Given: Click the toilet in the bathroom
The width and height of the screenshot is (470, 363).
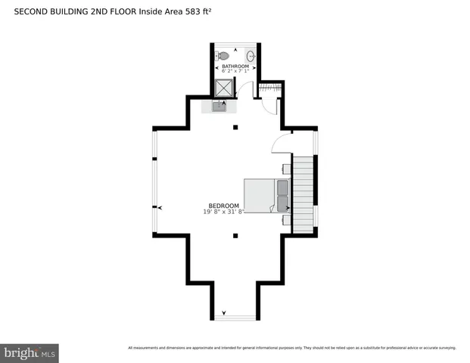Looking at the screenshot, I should tap(223, 56).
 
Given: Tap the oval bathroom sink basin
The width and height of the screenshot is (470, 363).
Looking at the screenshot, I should tap(251, 56).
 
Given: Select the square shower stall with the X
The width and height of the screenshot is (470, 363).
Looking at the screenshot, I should tap(224, 88).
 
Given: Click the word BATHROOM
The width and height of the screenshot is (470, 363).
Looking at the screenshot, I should tap(235, 67).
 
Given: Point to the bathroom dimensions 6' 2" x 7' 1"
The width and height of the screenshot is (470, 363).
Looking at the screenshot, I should tap(235, 73).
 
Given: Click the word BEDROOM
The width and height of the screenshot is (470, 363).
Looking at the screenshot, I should tap(224, 206).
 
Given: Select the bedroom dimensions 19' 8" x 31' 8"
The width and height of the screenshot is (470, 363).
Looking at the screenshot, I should tap(224, 213).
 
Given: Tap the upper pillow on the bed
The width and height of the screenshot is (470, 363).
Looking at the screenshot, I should tap(282, 187).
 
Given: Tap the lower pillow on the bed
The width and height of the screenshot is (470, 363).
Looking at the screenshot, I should tap(282, 203).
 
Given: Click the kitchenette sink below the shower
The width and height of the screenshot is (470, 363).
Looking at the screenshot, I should tap(219, 107).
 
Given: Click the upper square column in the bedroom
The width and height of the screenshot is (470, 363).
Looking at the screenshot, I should tap(235, 127).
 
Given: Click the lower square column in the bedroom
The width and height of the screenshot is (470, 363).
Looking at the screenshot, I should tap(235, 235).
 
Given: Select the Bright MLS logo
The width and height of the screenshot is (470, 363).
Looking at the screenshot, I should tap(30, 352).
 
